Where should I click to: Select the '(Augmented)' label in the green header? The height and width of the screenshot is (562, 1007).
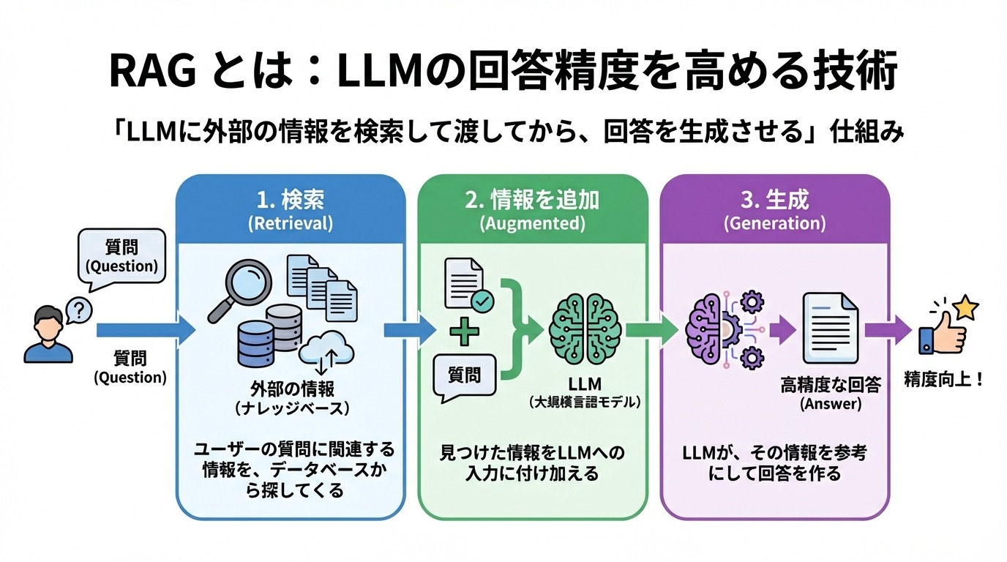[x=532, y=224]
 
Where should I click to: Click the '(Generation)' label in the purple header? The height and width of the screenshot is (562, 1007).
[x=775, y=224]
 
